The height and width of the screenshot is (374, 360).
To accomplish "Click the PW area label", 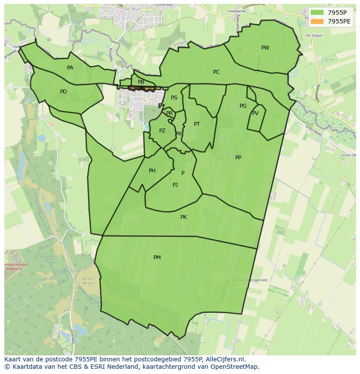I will (x=265, y=48).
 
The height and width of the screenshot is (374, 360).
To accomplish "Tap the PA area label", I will (x=70, y=68).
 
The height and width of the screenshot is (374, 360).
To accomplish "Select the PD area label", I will (x=63, y=92).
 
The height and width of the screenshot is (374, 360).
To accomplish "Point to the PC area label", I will (x=216, y=72).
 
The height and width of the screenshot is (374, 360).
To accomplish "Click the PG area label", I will (x=243, y=106).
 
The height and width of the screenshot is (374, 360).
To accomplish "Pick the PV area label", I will (x=255, y=113).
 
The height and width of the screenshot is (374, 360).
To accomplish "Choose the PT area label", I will (x=197, y=124).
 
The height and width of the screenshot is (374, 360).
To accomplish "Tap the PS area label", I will (x=174, y=98).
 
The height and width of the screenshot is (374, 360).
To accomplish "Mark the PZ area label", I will (x=162, y=131).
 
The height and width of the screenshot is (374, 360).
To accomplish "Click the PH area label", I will (x=152, y=171).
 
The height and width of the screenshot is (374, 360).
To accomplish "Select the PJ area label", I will (x=175, y=185).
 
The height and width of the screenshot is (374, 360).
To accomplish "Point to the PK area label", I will (x=183, y=217).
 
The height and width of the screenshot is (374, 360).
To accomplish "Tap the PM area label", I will (x=157, y=258).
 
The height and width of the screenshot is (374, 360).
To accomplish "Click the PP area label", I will (x=238, y=158).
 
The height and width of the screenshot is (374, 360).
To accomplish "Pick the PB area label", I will (x=141, y=82).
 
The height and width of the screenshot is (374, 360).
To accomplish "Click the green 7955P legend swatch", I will (x=317, y=12).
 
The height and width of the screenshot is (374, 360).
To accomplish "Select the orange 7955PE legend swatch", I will (x=317, y=21).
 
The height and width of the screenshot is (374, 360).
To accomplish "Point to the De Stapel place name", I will (x=313, y=36).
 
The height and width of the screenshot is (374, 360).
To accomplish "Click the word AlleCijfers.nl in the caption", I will (x=225, y=359).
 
